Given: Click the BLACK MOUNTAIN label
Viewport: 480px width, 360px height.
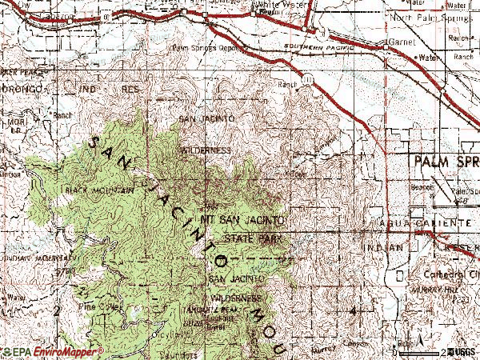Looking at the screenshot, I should click(x=100, y=190).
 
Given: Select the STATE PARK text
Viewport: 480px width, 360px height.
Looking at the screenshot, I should click(x=250, y=238).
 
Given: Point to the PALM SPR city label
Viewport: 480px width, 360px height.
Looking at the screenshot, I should click(x=444, y=162).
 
